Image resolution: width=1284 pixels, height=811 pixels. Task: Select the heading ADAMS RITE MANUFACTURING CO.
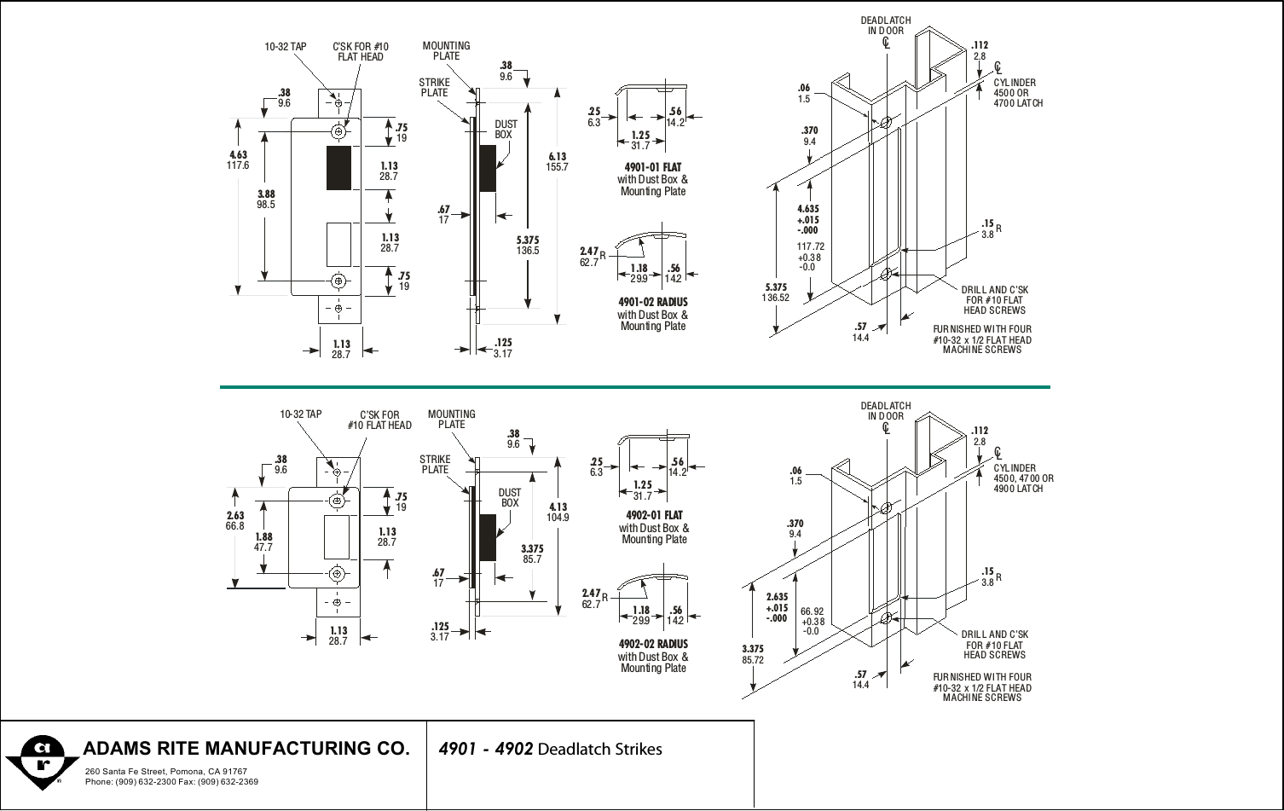pos(246,749)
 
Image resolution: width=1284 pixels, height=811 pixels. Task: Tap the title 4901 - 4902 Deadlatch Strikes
pos(549,750)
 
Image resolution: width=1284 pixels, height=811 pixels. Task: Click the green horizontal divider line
pos(634,387)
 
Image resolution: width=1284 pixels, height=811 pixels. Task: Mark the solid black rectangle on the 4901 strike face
pos(338,167)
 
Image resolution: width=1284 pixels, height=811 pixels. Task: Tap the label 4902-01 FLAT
pos(654,515)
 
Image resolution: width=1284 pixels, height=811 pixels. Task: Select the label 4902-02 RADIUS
pos(653,644)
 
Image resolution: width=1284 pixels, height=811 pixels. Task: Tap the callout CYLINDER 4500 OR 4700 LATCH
pos(1018,93)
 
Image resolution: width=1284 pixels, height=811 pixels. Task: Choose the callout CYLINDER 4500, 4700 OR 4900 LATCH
pos(1023,478)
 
